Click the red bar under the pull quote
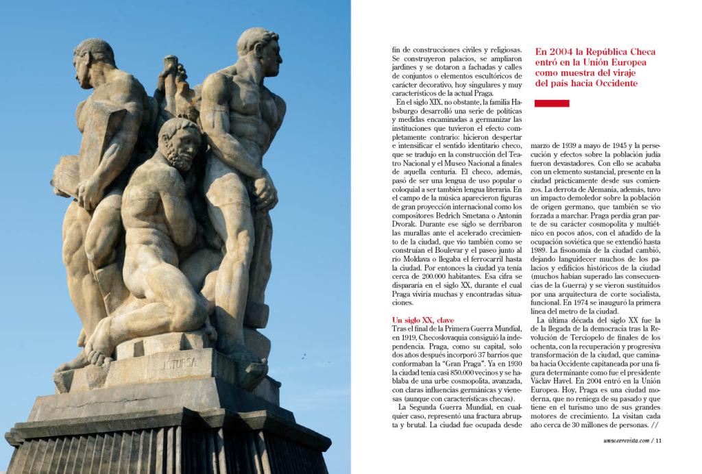coord(551,103)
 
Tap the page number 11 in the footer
coord(659,440)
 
